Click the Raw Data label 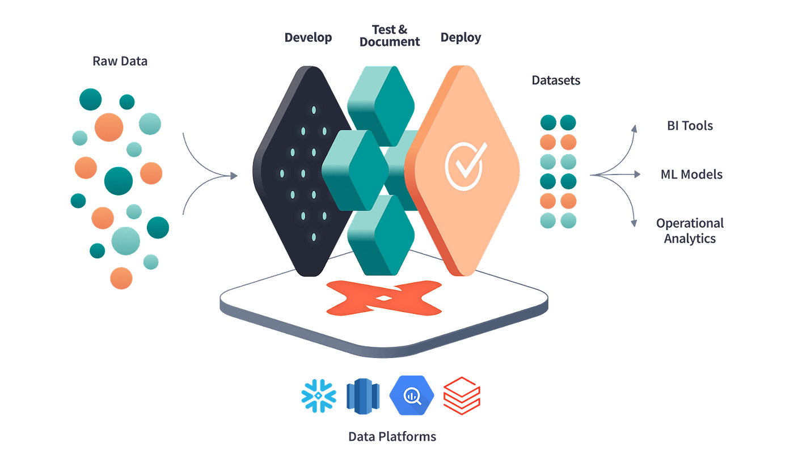(120, 61)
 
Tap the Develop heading (308, 38)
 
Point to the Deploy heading (461, 38)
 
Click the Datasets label (556, 80)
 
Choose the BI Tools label (689, 125)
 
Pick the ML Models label (691, 174)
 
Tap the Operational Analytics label (689, 231)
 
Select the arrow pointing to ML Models (630, 175)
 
